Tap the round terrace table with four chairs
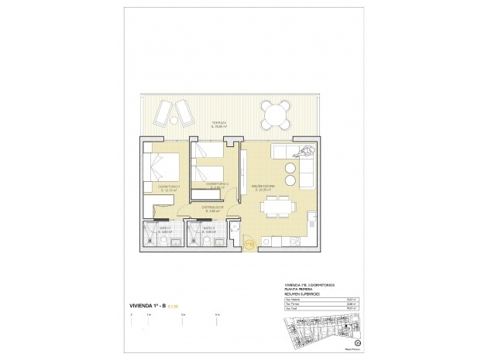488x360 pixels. (x=277, y=116)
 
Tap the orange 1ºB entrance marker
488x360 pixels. (x=249, y=244)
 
